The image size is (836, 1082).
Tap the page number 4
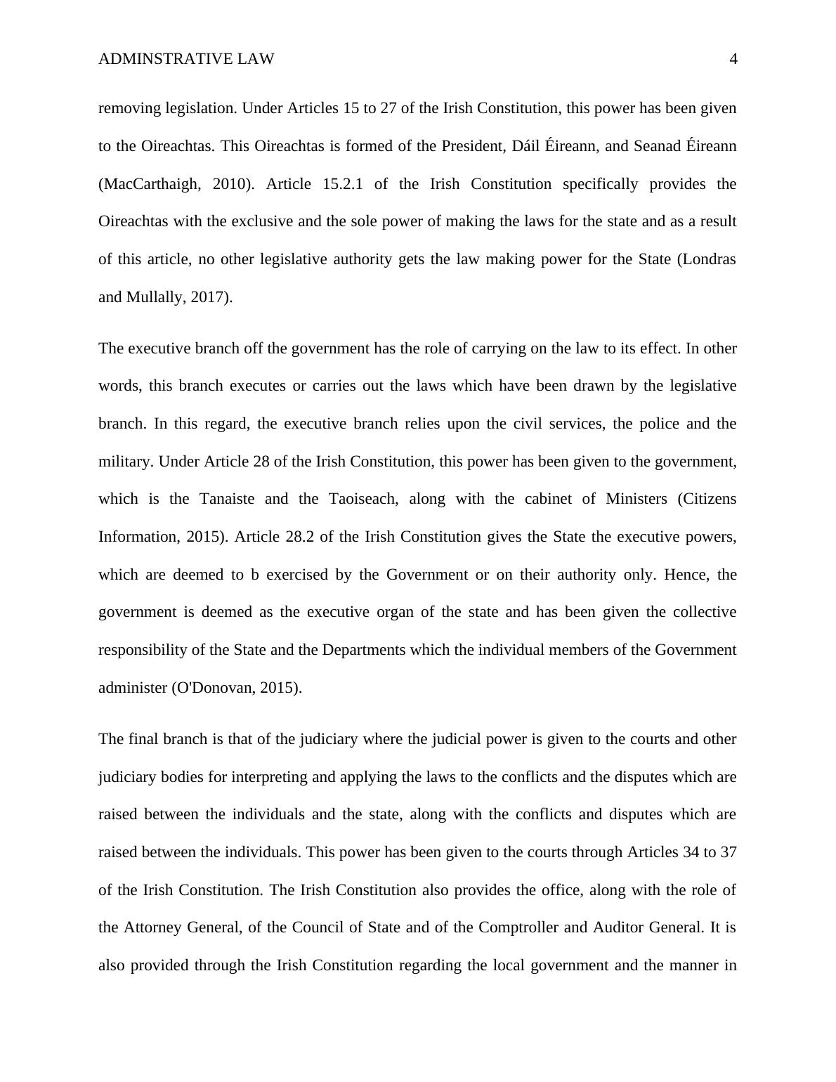(733, 59)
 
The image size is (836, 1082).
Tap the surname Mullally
(156, 297)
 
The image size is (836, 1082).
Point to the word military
(126, 462)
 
